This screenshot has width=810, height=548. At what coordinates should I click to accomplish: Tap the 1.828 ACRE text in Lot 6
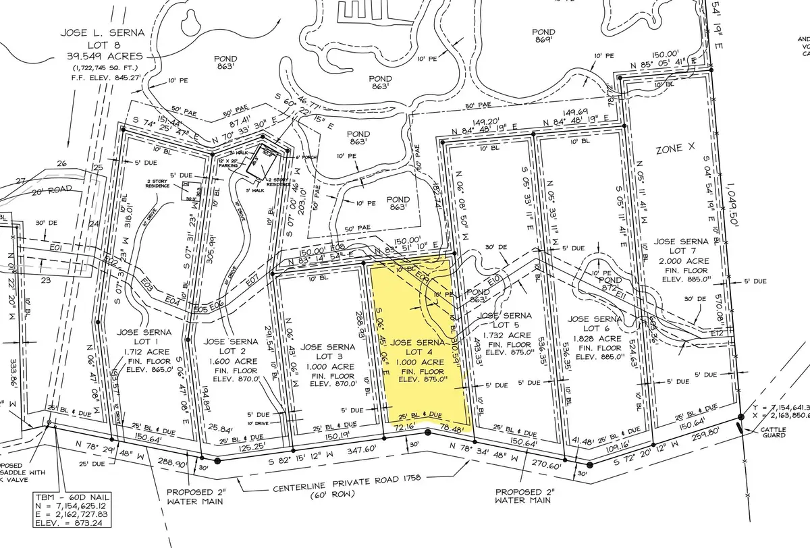pos(595,339)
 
